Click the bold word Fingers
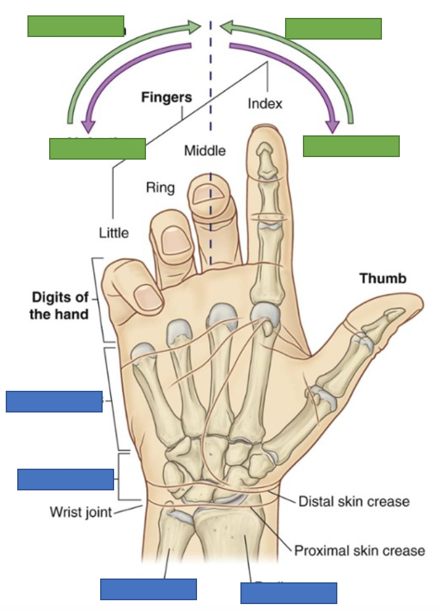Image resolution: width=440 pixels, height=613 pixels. coord(166,98)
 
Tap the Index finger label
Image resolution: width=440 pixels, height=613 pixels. coord(265,103)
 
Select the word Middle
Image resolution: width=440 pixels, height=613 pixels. coord(205,151)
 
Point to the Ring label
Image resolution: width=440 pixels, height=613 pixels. coord(160,188)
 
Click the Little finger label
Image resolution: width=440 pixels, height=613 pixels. coord(114,232)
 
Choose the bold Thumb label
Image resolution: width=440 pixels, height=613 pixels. coord(383,278)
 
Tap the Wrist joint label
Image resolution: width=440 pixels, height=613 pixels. coord(81,511)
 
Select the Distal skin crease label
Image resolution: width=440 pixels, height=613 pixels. coord(354,501)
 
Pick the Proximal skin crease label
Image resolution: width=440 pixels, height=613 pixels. coord(359,550)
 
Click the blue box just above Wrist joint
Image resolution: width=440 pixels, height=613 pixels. coord(66,479)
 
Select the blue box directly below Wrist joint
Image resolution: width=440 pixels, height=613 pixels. coord(148,589)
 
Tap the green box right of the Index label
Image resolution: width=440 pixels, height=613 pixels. coord(351,146)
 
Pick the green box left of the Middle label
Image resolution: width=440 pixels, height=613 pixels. coord(97,148)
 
